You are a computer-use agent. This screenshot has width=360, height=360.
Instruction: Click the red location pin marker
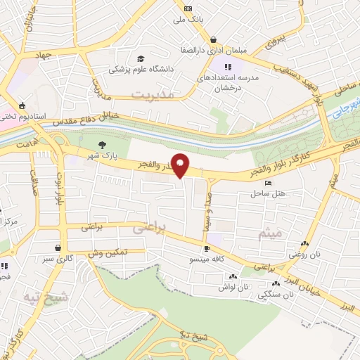[x=181, y=165]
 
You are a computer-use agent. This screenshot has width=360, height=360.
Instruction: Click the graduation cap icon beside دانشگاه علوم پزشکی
[x=141, y=58]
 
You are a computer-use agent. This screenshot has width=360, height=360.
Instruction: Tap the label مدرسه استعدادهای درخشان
[x=229, y=83]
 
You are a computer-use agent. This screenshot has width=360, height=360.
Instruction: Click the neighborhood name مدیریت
[x=151, y=94]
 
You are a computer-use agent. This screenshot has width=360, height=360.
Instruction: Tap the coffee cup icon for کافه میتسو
[x=207, y=249]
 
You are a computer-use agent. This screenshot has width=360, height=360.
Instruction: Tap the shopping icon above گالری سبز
[x=57, y=247]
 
